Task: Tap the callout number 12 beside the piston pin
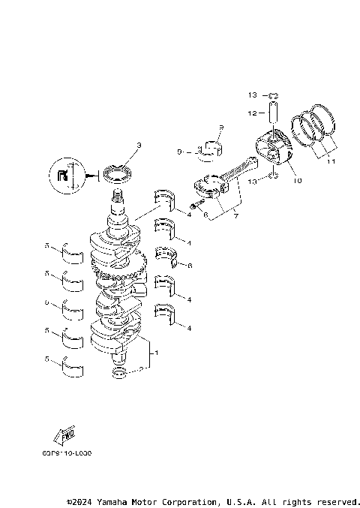pyautogui.click(x=253, y=113)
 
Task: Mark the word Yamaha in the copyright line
pyautogui.click(x=117, y=501)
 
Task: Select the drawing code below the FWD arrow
pyautogui.click(x=67, y=453)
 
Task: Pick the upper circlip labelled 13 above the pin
pyautogui.click(x=274, y=95)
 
